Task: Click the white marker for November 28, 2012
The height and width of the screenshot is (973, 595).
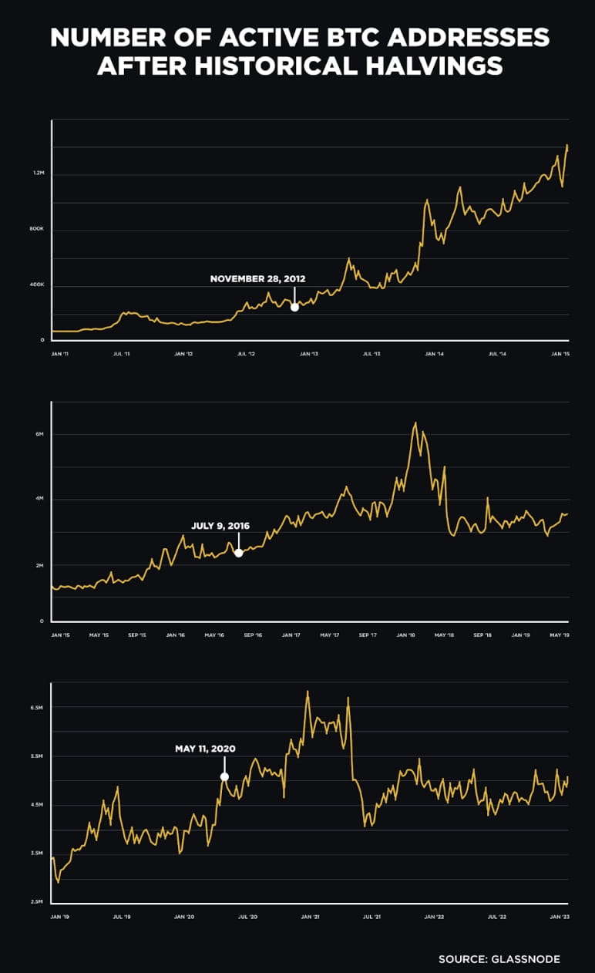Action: point(294,307)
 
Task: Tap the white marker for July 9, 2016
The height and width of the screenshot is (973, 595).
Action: point(239,553)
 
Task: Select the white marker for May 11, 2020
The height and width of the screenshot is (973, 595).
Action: point(224,776)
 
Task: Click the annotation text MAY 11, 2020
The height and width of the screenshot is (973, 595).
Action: point(205,748)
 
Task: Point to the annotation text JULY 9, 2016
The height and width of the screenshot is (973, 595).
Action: point(220,526)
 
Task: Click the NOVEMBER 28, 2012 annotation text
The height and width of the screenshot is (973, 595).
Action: point(258,278)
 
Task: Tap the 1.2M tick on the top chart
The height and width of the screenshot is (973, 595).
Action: point(39,173)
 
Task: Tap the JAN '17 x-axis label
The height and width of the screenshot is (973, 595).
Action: point(291,635)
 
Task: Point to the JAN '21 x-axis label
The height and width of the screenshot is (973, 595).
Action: point(310,917)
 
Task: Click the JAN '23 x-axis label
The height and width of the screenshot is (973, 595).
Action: point(560,917)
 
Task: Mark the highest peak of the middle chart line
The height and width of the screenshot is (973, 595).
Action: point(415,423)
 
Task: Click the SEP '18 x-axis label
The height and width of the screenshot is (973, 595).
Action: point(482,635)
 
